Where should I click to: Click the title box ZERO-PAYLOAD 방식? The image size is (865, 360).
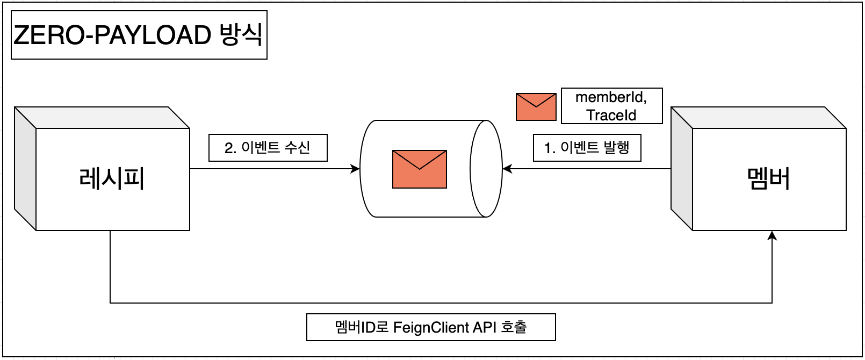point(139,35)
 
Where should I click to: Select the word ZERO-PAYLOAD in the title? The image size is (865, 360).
point(112,35)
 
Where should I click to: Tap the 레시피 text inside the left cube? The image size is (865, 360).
point(112,178)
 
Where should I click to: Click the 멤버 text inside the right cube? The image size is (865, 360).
point(769,178)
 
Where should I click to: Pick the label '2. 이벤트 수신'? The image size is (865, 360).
point(268,148)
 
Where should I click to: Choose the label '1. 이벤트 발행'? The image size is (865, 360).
point(587,148)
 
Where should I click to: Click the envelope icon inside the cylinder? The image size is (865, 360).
point(420,169)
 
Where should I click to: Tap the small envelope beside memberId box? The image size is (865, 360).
point(536,107)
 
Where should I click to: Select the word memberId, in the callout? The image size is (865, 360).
point(611,97)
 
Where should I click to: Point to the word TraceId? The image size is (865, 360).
point(611,115)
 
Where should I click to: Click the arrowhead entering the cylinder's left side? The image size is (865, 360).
point(355,169)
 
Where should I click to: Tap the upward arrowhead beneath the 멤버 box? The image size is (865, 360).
point(772,236)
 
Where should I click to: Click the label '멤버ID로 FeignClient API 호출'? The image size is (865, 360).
point(431,327)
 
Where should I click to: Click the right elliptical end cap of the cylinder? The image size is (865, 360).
point(486,169)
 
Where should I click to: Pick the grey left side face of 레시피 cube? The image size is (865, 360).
point(25,169)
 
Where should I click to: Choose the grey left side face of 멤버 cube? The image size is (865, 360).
point(682,169)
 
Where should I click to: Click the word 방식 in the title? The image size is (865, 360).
point(241,34)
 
